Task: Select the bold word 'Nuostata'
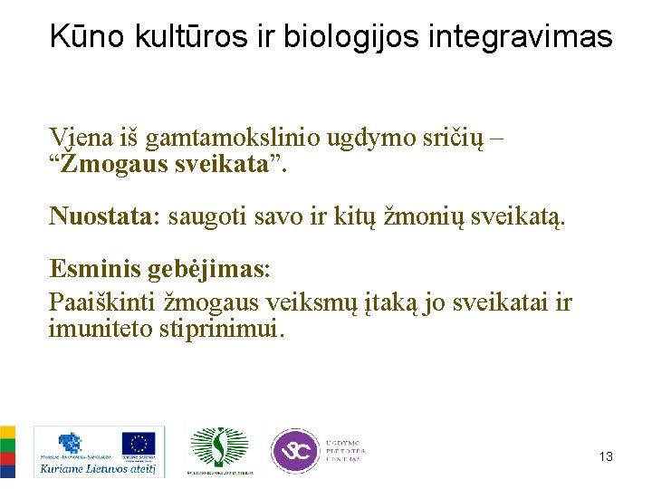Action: point(101,216)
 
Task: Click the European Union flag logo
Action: point(139,444)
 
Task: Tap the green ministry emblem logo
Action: point(218,447)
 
